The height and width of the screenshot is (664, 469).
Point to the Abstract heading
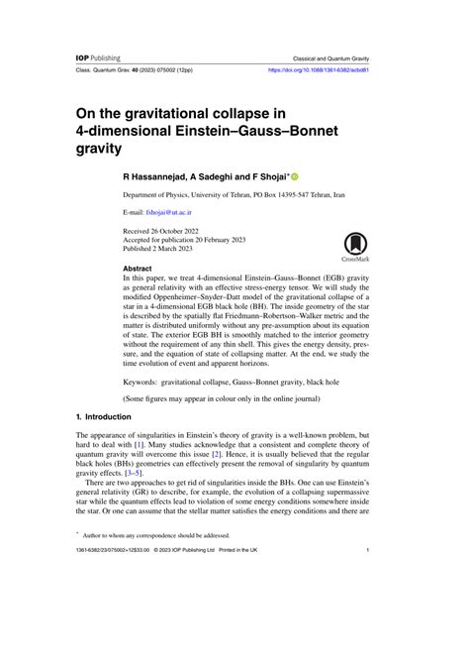137,269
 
